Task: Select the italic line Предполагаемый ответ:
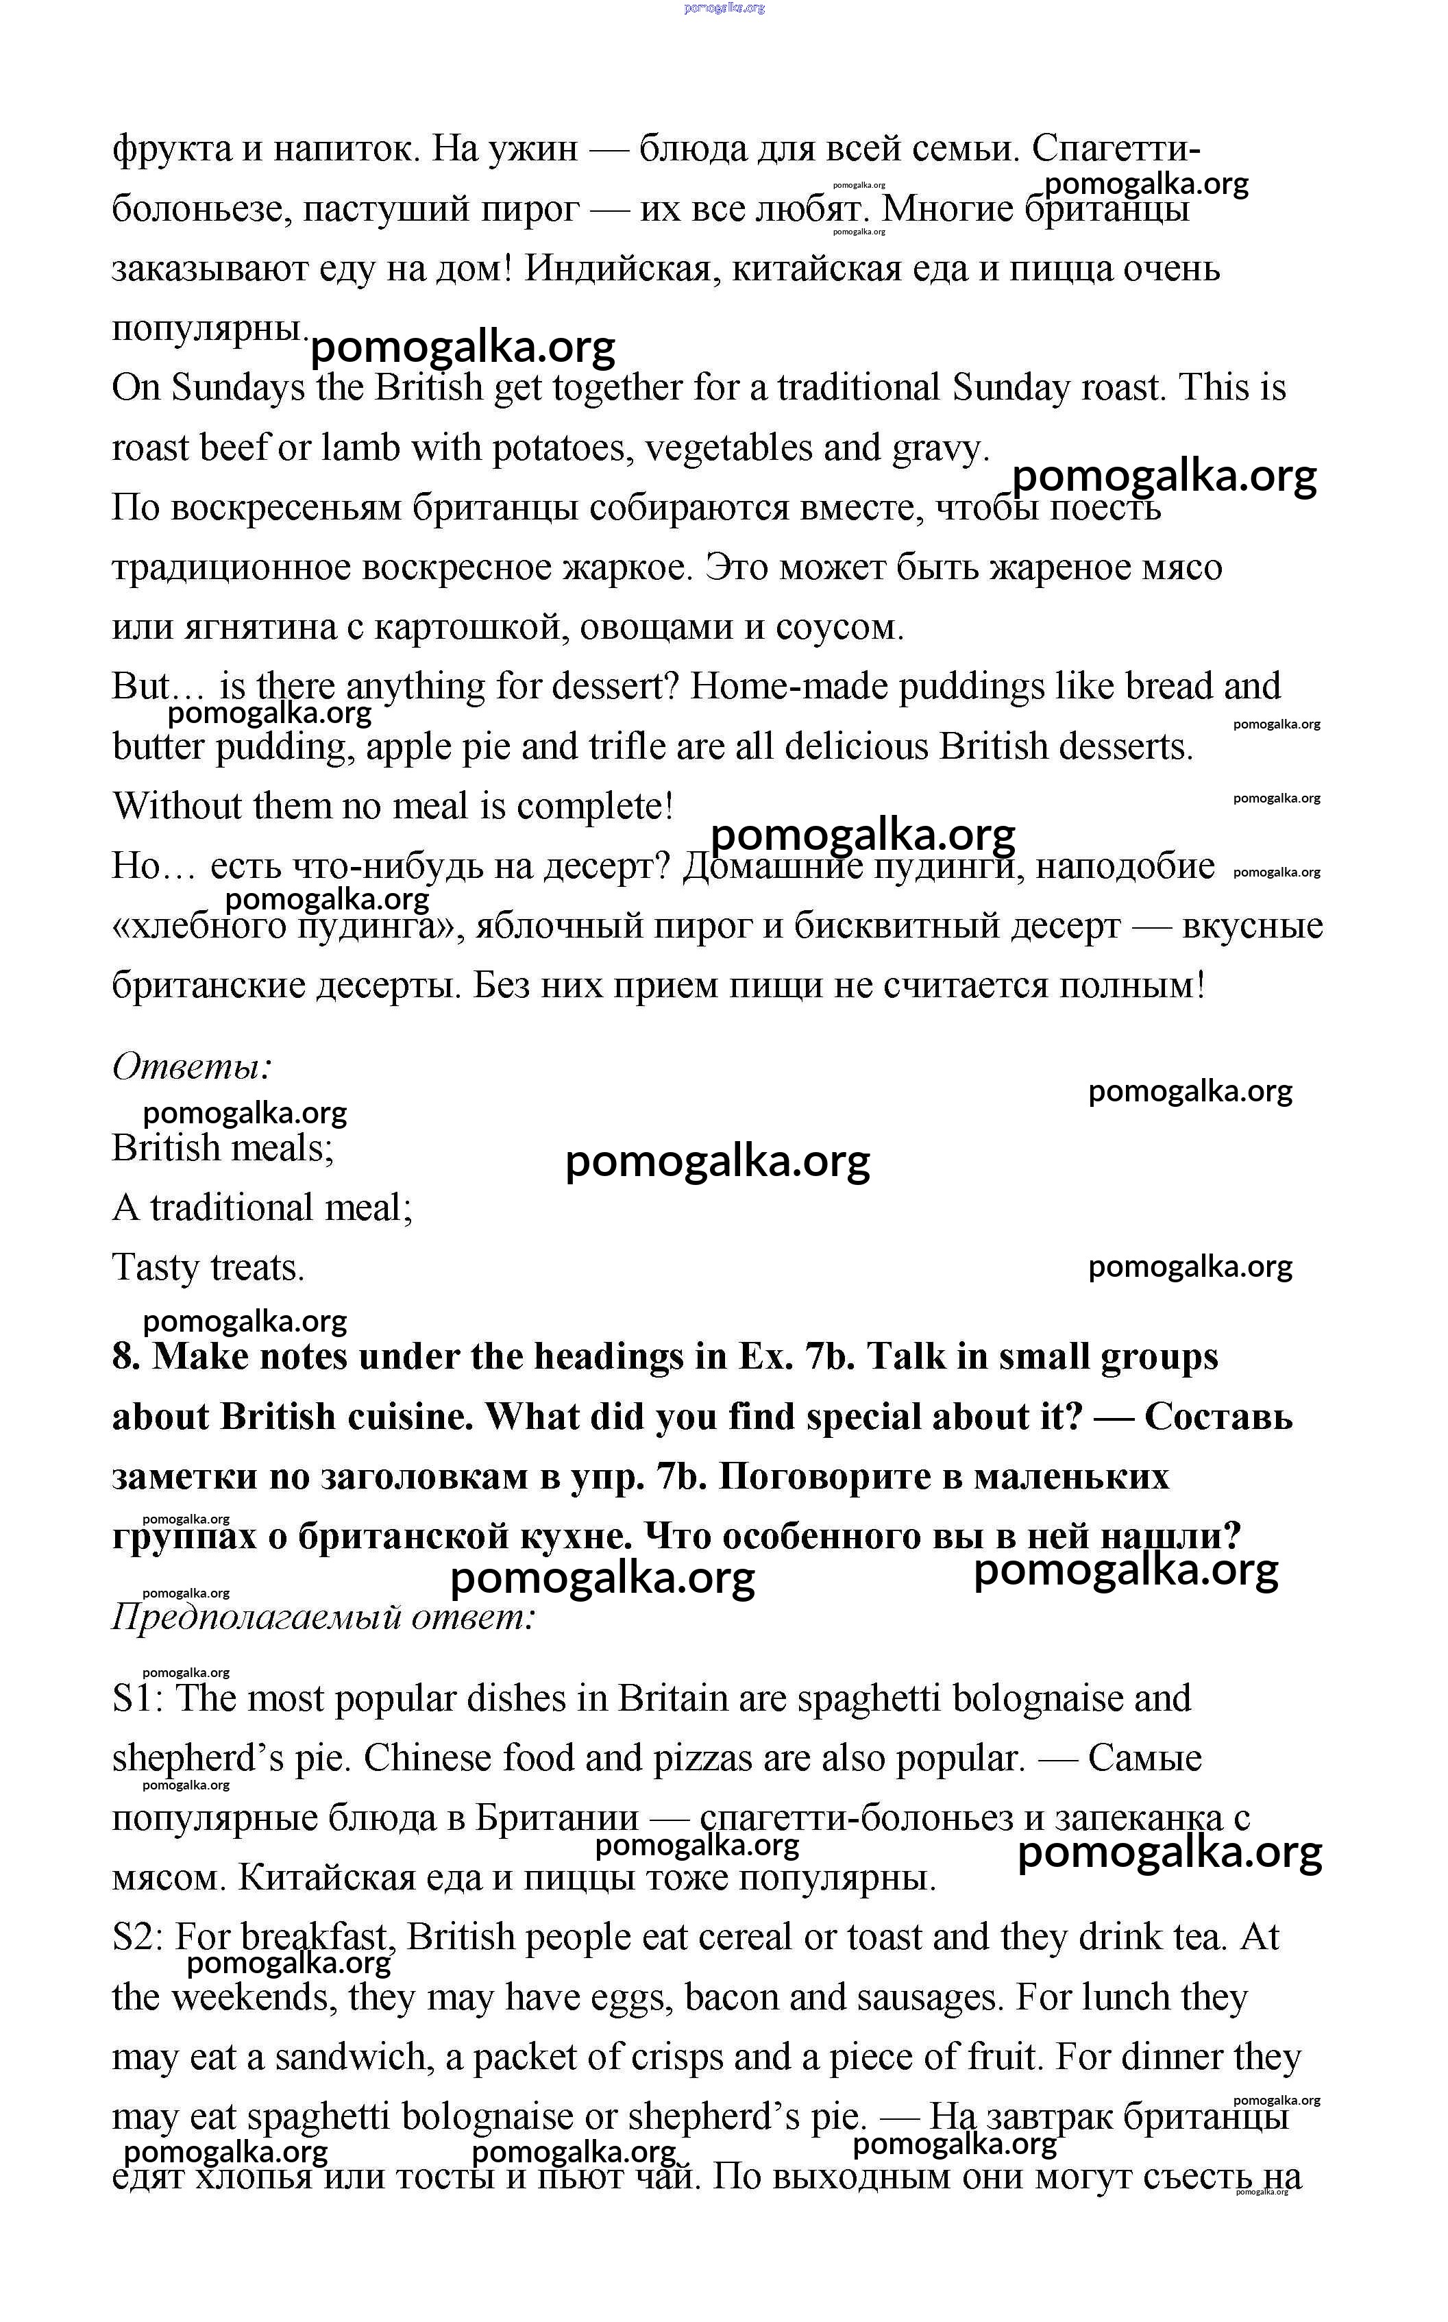coord(323,1617)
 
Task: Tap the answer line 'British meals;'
coord(223,1148)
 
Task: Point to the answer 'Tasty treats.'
coord(208,1268)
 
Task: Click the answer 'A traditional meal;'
coord(262,1208)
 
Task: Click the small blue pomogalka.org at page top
coord(724,8)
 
